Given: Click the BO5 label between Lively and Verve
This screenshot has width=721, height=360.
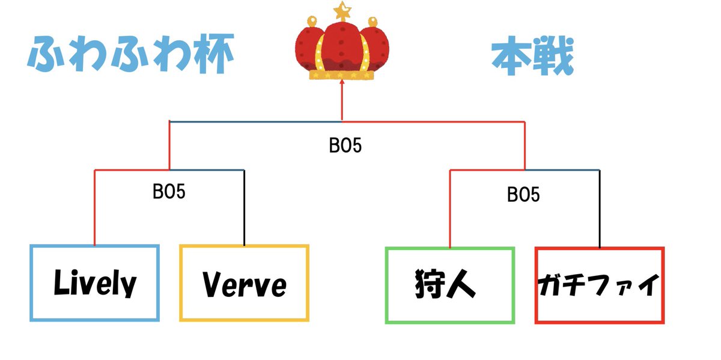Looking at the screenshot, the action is click(169, 192).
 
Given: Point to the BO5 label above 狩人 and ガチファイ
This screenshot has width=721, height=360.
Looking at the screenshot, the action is click(523, 195).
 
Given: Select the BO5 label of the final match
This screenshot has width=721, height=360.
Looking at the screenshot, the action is click(345, 145).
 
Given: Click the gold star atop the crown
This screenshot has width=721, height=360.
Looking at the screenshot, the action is click(342, 11).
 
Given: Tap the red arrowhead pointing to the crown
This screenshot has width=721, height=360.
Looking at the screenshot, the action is click(342, 82).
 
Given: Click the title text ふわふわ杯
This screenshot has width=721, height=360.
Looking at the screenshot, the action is click(131, 53).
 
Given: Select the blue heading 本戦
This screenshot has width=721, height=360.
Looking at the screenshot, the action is click(533, 56).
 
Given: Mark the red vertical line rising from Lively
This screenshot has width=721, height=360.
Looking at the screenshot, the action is click(95, 207).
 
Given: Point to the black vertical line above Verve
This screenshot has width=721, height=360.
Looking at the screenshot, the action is click(245, 208).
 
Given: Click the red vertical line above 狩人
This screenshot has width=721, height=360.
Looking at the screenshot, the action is click(450, 209).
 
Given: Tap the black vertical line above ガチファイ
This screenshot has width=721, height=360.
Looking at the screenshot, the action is click(600, 209).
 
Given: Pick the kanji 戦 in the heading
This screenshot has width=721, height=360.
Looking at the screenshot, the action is click(553, 56).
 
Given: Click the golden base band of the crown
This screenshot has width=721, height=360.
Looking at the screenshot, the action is click(342, 75).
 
